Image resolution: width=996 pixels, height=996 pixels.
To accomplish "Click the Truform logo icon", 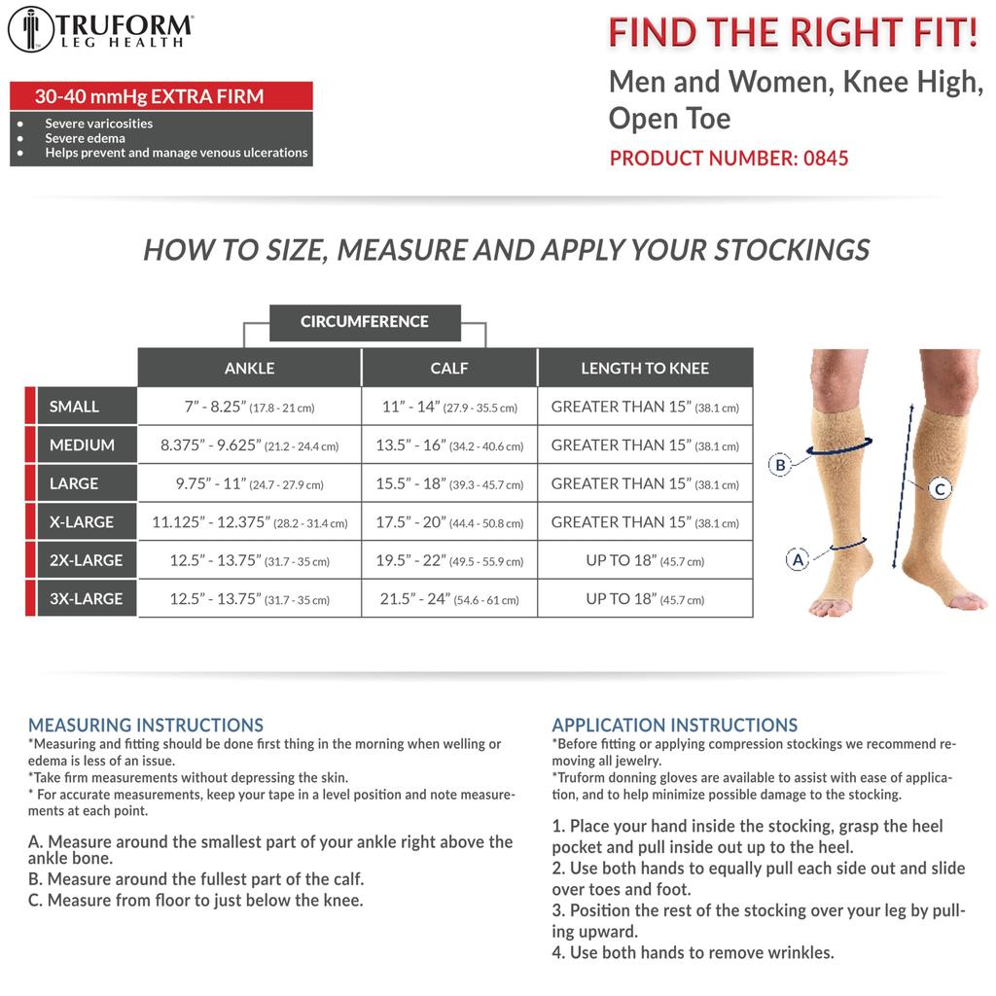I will pyautogui.click(x=30, y=29).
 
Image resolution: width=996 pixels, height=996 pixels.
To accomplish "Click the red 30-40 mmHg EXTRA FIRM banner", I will pyautogui.click(x=160, y=96).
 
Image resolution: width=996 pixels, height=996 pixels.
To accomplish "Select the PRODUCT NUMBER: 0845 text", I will pyautogui.click(x=729, y=158).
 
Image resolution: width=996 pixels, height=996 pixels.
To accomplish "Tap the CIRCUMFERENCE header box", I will pyautogui.click(x=365, y=322).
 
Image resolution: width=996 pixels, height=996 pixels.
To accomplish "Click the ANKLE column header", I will pyautogui.click(x=250, y=368).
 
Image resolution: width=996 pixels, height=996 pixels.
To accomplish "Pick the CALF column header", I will pyautogui.click(x=449, y=368).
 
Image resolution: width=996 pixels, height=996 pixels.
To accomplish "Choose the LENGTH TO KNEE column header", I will pyautogui.click(x=645, y=368).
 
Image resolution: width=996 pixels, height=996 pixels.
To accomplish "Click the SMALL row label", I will pyautogui.click(x=75, y=407).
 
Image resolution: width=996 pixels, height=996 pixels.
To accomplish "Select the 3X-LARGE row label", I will pyautogui.click(x=86, y=598).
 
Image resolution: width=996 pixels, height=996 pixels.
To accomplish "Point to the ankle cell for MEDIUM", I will pyautogui.click(x=250, y=445).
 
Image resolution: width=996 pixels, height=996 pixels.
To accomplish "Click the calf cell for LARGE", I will pyautogui.click(x=449, y=483).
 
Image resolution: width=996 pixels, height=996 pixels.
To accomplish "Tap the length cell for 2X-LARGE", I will pyautogui.click(x=645, y=560).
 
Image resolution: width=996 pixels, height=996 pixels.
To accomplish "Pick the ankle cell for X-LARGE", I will pyautogui.click(x=250, y=522).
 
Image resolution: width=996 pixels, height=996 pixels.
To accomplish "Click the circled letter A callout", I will pyautogui.click(x=798, y=559).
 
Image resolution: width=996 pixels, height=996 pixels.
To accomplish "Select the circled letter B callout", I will pyautogui.click(x=779, y=465).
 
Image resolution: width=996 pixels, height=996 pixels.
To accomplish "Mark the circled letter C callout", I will pyautogui.click(x=941, y=489).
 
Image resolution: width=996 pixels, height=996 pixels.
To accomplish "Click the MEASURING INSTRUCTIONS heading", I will pyautogui.click(x=146, y=726).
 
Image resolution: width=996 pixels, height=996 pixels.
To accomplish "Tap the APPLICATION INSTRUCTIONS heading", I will pyautogui.click(x=675, y=726).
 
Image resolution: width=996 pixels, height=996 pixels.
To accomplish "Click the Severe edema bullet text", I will pyautogui.click(x=85, y=138).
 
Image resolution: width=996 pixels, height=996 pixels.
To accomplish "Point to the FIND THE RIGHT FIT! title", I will pyautogui.click(x=793, y=32).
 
